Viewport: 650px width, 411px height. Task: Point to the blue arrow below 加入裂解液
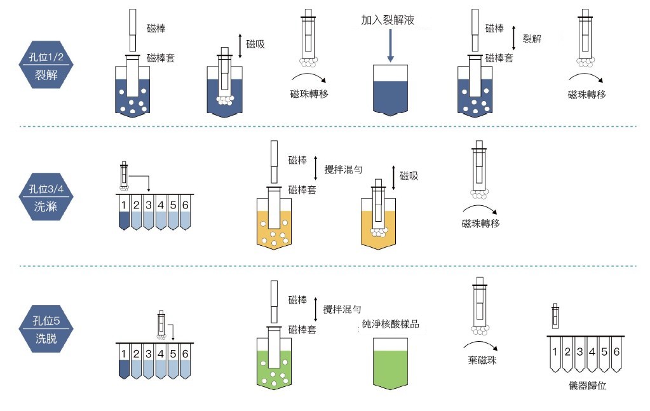pyautogui.click(x=389, y=44)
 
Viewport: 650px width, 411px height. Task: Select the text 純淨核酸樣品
pyautogui.click(x=390, y=324)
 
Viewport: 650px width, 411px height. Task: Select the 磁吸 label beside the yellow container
pyautogui.click(x=410, y=175)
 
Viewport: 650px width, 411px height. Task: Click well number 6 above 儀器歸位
pyautogui.click(x=616, y=351)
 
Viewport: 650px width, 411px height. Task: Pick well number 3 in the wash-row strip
pyautogui.click(x=149, y=205)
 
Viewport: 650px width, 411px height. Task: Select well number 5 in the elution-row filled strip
pyautogui.click(x=173, y=353)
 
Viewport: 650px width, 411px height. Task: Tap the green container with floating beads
pyautogui.click(x=278, y=365)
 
